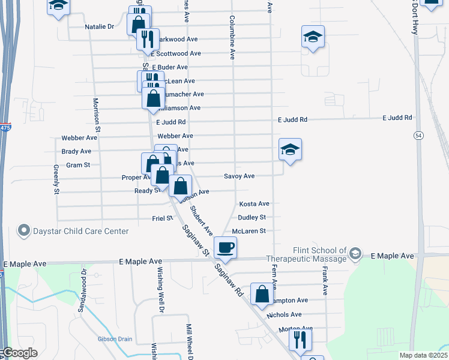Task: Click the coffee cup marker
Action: (x=226, y=247)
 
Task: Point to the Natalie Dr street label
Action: (x=99, y=27)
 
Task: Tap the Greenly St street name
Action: (x=56, y=179)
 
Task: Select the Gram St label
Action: (x=78, y=165)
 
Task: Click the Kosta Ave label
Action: (x=254, y=204)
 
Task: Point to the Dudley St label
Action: (x=252, y=217)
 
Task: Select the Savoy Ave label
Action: (x=239, y=176)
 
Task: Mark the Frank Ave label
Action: (x=325, y=282)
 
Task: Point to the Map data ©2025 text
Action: (x=423, y=355)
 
